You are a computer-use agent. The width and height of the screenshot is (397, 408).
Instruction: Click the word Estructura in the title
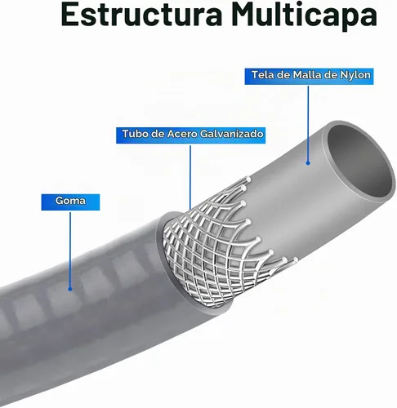coord(142,15)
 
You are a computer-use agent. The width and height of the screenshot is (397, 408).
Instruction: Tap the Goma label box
coord(70,202)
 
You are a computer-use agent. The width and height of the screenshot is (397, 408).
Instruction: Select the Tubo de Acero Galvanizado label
coord(190,135)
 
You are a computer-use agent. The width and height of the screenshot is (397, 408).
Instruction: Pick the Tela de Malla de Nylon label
coord(309,76)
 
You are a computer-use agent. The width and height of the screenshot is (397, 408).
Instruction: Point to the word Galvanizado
coord(231,134)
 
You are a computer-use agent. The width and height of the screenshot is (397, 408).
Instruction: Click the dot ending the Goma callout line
coord(70,289)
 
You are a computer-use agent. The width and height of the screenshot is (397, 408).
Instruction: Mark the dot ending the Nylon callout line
coord(308,163)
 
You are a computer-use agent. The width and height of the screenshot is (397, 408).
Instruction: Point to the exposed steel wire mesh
coord(218,245)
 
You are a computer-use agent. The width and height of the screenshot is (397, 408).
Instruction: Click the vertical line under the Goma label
coord(70,250)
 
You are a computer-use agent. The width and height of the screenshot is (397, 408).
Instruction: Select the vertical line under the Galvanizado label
coord(190,177)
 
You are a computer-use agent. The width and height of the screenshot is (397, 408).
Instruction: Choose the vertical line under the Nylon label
coord(308,124)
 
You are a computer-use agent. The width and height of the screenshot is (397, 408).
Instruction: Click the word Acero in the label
coord(182,134)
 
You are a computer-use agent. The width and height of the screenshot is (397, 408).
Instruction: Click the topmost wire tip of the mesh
coord(248,179)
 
